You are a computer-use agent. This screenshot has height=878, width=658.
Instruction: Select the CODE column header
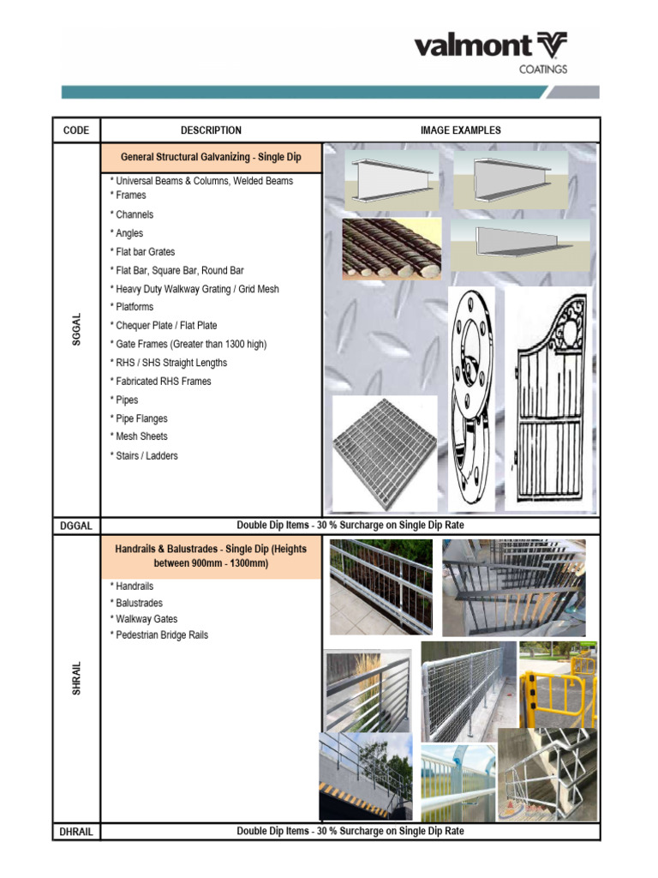coord(76,130)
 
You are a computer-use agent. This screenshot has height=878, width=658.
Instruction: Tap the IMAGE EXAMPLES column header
coord(461,130)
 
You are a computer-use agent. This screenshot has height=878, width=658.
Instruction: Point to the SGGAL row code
coord(76,329)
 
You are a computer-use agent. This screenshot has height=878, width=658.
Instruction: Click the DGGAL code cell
coord(76,525)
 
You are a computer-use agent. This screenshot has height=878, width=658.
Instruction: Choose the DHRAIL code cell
coord(76,831)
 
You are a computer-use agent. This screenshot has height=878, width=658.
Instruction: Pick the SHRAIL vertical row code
coord(76,677)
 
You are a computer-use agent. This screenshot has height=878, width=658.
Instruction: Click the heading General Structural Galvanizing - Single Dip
coord(211,158)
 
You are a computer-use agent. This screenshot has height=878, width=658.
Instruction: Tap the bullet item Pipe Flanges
coord(141,418)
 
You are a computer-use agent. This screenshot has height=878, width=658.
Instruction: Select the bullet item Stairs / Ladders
coord(147,455)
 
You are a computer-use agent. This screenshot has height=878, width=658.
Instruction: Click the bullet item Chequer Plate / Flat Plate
coord(166,325)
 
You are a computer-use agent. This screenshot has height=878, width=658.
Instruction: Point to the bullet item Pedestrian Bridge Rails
coord(162,635)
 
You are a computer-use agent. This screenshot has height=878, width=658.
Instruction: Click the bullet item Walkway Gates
coord(147,618)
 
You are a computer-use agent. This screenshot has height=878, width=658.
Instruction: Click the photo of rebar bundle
coord(392,249)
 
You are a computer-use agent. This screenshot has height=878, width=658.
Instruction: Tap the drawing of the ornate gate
coord(548,399)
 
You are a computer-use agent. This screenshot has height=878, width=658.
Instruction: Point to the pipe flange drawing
coord(471,399)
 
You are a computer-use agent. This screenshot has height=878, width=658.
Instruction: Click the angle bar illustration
coord(519,244)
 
